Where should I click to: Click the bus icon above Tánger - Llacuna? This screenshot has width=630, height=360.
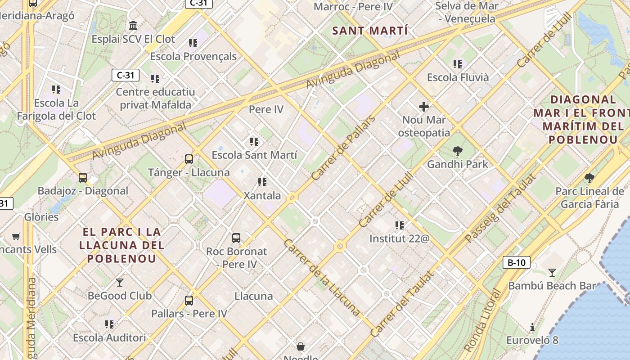pyautogui.click(x=189, y=159)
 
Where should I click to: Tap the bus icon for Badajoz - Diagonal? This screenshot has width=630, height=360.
pyautogui.click(x=83, y=177)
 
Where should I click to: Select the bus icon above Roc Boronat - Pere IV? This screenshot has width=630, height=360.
pyautogui.click(x=236, y=238)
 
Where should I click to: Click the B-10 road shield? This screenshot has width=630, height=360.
pyautogui.click(x=516, y=263)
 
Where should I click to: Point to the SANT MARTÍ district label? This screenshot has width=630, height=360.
pyautogui.click(x=370, y=31)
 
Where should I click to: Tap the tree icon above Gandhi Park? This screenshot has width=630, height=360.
pyautogui.click(x=458, y=151)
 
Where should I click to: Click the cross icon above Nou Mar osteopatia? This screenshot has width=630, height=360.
pyautogui.click(x=423, y=107)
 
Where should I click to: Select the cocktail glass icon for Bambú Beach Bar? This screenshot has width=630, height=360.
pyautogui.click(x=552, y=272)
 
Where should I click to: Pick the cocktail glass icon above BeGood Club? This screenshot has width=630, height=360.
pyautogui.click(x=120, y=282)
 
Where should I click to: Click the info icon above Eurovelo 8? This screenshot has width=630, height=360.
pyautogui.click(x=532, y=327)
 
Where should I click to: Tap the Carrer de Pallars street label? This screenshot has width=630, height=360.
pyautogui.click(x=343, y=148)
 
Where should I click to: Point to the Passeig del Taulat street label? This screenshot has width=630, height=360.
pyautogui.click(x=500, y=208)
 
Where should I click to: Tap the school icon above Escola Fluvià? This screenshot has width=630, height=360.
pyautogui.click(x=458, y=64)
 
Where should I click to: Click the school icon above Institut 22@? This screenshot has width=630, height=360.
pyautogui.click(x=399, y=225)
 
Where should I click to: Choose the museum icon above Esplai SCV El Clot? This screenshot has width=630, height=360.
pyautogui.click(x=133, y=25)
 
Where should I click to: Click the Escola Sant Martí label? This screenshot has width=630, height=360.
pyautogui.click(x=254, y=155)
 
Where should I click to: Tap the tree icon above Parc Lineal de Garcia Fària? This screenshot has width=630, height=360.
pyautogui.click(x=589, y=178)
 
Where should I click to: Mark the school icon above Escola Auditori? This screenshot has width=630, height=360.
pyautogui.click(x=109, y=324)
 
